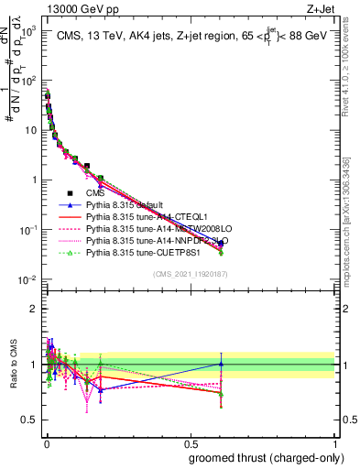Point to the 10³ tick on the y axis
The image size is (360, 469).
27,30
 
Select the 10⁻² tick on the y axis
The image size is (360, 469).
27,279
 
